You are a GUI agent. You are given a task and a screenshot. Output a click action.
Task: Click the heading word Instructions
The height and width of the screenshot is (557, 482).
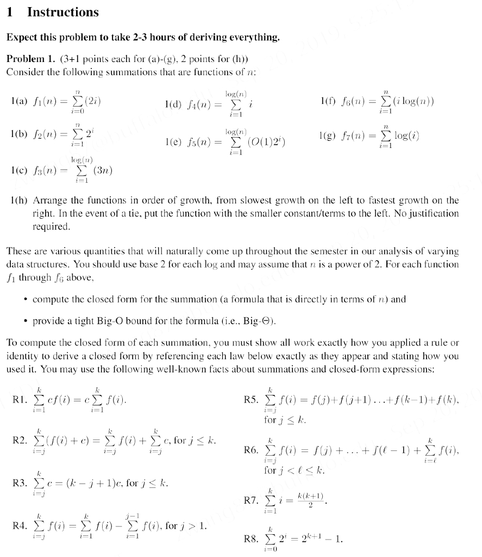tap(62, 13)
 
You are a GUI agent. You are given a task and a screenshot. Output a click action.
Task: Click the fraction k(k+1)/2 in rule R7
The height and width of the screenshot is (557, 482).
tap(311, 498)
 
